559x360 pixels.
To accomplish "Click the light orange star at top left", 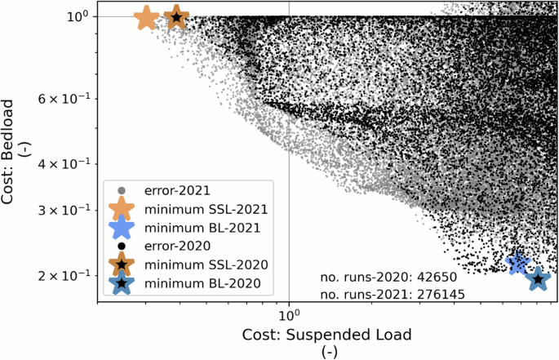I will [146, 17].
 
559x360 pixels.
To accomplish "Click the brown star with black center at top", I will [176, 17].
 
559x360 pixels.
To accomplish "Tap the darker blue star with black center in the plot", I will [538, 279].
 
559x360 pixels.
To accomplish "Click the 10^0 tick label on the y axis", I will [67, 16].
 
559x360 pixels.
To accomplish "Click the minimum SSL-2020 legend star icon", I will [122, 264].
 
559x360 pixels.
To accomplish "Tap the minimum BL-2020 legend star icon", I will [122, 283].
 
